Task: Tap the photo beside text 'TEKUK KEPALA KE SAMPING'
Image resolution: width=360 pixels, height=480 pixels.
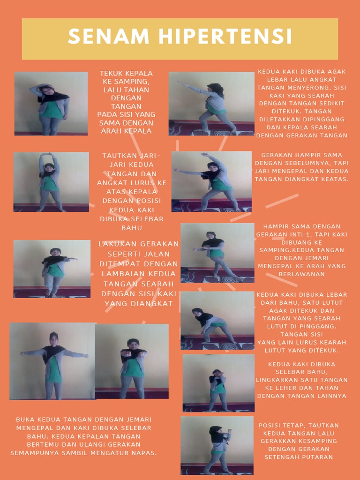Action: click(51, 104)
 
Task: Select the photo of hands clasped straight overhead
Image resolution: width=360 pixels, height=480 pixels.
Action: click(51, 182)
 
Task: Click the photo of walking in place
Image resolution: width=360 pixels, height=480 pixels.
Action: click(52, 269)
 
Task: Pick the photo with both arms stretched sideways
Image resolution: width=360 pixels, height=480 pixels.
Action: click(53, 361)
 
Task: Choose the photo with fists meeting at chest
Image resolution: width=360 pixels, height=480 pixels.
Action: click(132, 361)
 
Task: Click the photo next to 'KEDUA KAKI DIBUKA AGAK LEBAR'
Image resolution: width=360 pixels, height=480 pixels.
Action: click(211, 104)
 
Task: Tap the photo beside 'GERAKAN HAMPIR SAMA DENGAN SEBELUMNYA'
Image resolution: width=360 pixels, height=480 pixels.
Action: click(211, 181)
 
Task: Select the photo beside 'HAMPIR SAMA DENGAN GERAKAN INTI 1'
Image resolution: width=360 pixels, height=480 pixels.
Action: click(217, 253)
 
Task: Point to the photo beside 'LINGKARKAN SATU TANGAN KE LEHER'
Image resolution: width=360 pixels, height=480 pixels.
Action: click(218, 383)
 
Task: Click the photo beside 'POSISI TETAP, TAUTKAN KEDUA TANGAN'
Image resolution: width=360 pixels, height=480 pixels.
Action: click(217, 446)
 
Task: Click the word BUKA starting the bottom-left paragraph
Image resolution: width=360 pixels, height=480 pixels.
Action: click(25, 420)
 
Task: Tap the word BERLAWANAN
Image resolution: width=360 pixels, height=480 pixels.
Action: click(301, 274)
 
